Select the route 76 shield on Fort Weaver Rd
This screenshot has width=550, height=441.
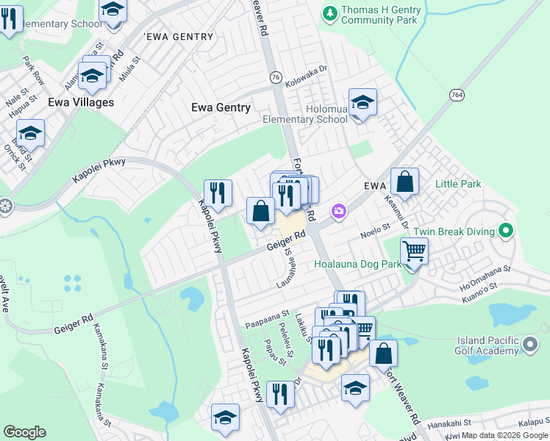coord(276,77)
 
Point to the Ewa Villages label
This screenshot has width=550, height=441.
coord(81,102)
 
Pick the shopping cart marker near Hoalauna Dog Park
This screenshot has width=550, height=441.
coord(415,251)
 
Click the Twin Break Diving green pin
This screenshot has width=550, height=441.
coord(505,231)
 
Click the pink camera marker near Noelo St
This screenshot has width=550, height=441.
coord(338,212)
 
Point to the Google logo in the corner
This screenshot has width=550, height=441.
coord(24,432)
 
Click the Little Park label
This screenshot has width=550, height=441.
coord(458,183)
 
